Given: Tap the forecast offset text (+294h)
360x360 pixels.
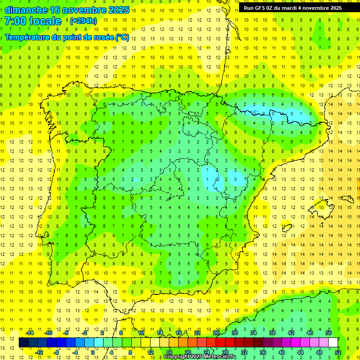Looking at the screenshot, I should [x=83, y=21].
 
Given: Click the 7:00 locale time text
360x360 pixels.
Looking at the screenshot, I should [x=33, y=21].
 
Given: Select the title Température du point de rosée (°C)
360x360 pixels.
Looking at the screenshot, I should [x=67, y=37].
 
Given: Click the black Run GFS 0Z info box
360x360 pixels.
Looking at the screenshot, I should [x=292, y=7].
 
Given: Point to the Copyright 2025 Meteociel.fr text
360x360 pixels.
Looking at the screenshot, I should [x=200, y=356].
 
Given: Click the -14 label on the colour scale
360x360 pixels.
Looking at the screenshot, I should [x=30, y=333].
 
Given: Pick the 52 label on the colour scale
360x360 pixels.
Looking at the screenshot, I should [x=338, y=352].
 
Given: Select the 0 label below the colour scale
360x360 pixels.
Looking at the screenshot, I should [x=93, y=352].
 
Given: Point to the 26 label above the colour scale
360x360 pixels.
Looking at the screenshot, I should [x=216, y=333].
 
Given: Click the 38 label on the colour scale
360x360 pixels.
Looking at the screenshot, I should [x=272, y=333].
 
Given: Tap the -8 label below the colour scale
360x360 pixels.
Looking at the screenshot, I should [x=57, y=352].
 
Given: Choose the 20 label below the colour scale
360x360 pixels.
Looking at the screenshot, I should [x=187, y=352].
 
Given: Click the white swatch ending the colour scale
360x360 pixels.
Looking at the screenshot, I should [x=333, y=343].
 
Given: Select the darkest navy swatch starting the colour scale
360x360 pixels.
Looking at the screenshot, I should [x=23, y=343].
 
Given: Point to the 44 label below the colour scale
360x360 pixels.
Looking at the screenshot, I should [x=300, y=352].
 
